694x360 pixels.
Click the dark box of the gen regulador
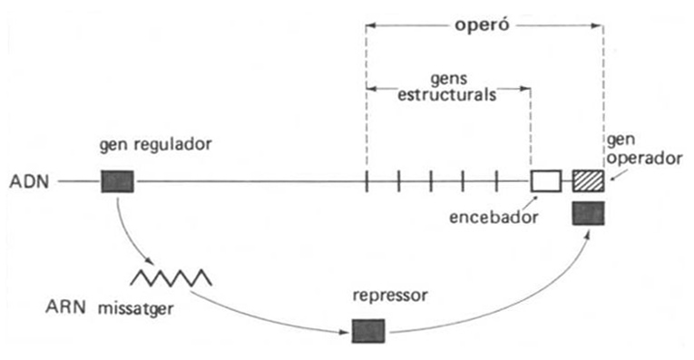pyautogui.click(x=117, y=181)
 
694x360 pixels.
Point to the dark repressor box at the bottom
pyautogui.click(x=368, y=330)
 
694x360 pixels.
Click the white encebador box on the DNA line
pyautogui.click(x=546, y=180)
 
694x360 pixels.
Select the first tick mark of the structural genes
pyautogui.click(x=366, y=181)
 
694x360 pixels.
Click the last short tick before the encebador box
pyautogui.click(x=496, y=181)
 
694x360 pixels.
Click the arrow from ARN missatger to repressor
pyautogui.click(x=272, y=314)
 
